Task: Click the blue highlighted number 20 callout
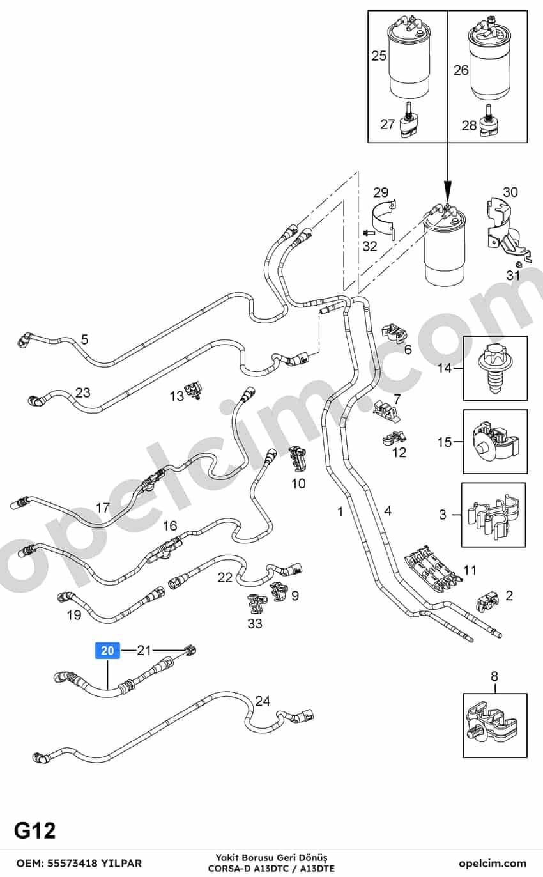107,650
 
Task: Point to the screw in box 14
495,369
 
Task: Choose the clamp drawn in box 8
492,723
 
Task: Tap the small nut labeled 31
518,263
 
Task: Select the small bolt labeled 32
369,233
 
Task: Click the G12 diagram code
35,830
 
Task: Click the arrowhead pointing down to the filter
448,190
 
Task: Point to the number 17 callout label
102,508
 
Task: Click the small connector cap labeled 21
190,650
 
